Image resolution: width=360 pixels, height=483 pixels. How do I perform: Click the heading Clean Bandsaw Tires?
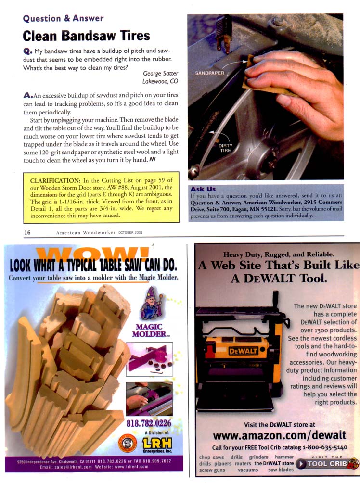(x=86, y=36)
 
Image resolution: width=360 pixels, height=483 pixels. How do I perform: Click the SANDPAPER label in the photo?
(x=209, y=73)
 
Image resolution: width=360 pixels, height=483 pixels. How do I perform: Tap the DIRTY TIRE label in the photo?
(x=225, y=148)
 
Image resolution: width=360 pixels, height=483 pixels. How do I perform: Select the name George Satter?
(x=161, y=73)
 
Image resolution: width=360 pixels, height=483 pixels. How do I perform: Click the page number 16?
(x=27, y=232)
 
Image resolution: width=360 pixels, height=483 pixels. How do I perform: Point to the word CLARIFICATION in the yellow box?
(x=55, y=180)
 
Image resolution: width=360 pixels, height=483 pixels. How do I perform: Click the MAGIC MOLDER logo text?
(x=150, y=330)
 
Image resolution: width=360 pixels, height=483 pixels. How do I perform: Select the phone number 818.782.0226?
(x=149, y=423)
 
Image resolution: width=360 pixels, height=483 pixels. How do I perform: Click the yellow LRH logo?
(x=157, y=444)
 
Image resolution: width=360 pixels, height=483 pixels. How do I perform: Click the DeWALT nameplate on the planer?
(x=243, y=351)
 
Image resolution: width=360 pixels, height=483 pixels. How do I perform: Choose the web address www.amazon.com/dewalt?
(x=279, y=435)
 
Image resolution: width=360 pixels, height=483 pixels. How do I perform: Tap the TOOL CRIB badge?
(x=327, y=464)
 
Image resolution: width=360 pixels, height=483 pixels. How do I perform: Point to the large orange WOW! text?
(x=92, y=254)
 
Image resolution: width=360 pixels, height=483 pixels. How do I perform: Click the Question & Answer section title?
(x=63, y=18)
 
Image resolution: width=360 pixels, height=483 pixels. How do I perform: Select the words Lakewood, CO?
(x=160, y=81)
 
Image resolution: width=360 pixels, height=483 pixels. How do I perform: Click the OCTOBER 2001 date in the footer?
(x=130, y=232)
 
